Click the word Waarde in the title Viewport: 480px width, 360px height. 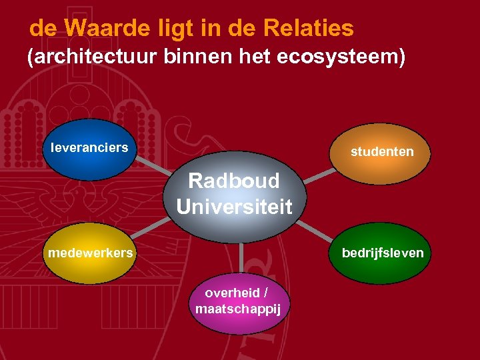(102, 29)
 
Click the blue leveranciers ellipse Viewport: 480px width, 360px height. (89, 149)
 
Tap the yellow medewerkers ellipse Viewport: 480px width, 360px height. (90, 255)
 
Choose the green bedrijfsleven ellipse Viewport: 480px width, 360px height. (382, 255)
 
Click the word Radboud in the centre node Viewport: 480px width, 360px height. (234, 181)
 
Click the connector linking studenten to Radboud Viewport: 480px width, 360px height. (319, 175)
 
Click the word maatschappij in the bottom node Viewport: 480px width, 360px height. (239, 309)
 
